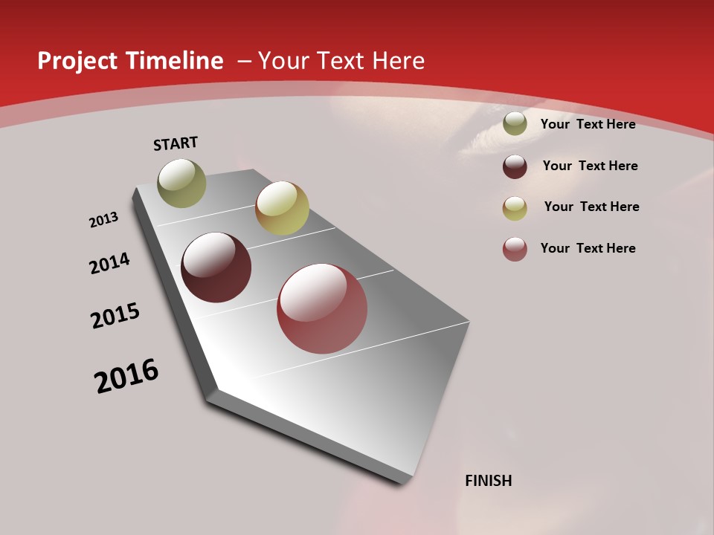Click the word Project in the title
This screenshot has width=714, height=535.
tap(77, 61)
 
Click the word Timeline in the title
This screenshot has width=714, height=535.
tap(173, 61)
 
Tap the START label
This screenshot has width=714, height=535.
tap(176, 143)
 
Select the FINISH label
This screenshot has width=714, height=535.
tap(489, 481)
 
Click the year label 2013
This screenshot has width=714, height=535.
tap(103, 220)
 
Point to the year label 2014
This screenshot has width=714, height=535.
tap(109, 263)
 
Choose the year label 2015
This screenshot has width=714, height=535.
tap(115, 316)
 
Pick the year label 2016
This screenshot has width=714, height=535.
tap(126, 376)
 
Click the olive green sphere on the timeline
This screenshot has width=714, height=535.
tap(182, 183)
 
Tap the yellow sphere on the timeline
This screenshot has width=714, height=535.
tap(282, 208)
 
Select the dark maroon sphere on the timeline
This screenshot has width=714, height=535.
tap(216, 267)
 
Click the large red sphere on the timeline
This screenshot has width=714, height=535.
tap(322, 308)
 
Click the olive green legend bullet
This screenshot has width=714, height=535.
tap(515, 124)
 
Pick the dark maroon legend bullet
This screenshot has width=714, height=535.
tap(515, 166)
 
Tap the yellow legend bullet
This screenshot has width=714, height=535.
tap(515, 208)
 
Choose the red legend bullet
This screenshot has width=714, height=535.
tap(515, 249)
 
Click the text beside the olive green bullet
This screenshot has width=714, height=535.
tap(588, 124)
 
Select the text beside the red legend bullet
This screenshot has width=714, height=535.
tap(588, 248)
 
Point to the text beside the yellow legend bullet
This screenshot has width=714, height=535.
tap(591, 207)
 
